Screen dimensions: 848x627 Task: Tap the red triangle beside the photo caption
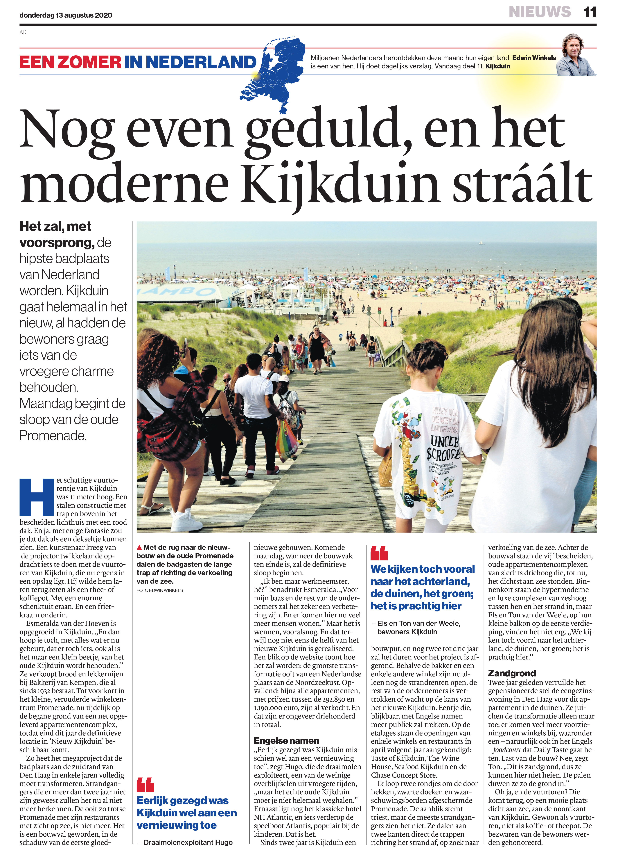[139, 547]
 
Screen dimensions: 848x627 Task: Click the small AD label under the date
[23, 32]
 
